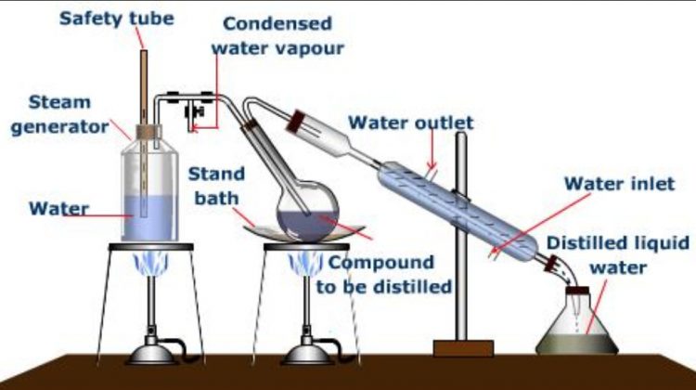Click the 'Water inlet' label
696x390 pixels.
click(x=619, y=184)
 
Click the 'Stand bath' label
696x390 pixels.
click(x=217, y=185)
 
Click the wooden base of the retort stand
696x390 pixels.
click(x=462, y=348)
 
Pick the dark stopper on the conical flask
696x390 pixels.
click(x=578, y=292)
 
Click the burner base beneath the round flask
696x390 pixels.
click(x=306, y=353)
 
